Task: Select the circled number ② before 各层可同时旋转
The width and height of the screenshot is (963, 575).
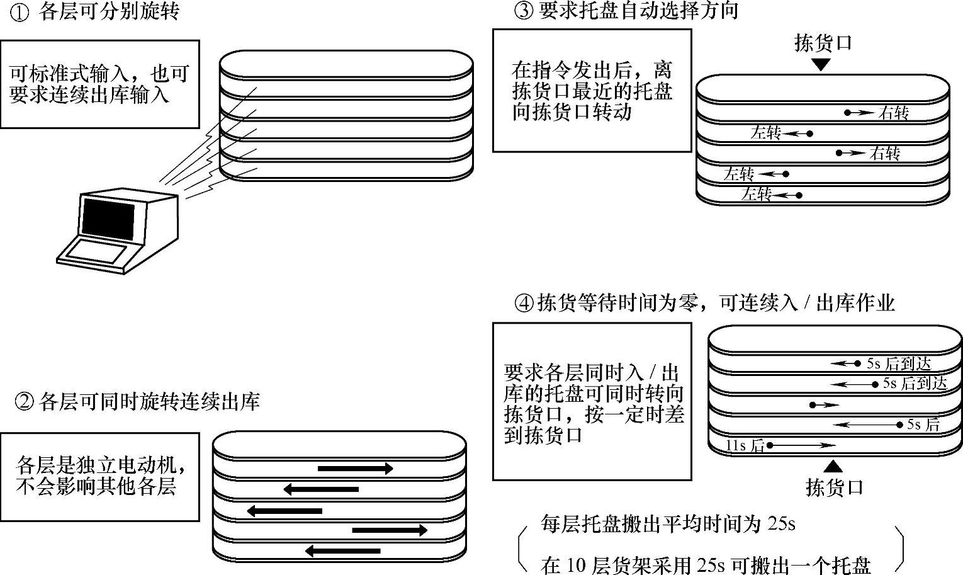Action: tap(23, 402)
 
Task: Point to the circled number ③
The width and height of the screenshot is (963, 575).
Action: tap(524, 11)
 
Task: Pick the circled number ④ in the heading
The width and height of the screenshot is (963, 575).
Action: tap(524, 304)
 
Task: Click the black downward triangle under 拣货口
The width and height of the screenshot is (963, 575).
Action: tap(821, 64)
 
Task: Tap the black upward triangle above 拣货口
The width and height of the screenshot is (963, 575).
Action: tap(833, 466)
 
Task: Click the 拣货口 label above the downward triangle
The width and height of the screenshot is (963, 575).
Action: tap(823, 43)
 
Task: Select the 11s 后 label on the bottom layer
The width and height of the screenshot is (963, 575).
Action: tap(745, 446)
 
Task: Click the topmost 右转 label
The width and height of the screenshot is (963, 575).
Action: tap(894, 113)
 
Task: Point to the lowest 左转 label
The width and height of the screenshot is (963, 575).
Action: tap(756, 194)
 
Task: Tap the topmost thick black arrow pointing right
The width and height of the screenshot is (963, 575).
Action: tap(356, 469)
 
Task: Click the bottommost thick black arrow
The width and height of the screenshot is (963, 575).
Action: tap(343, 551)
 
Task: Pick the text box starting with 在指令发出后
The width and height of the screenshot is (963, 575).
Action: tap(592, 90)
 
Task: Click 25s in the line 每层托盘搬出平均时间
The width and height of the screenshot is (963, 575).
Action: tap(781, 524)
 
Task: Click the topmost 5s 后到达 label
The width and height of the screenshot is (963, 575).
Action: tap(898, 363)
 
